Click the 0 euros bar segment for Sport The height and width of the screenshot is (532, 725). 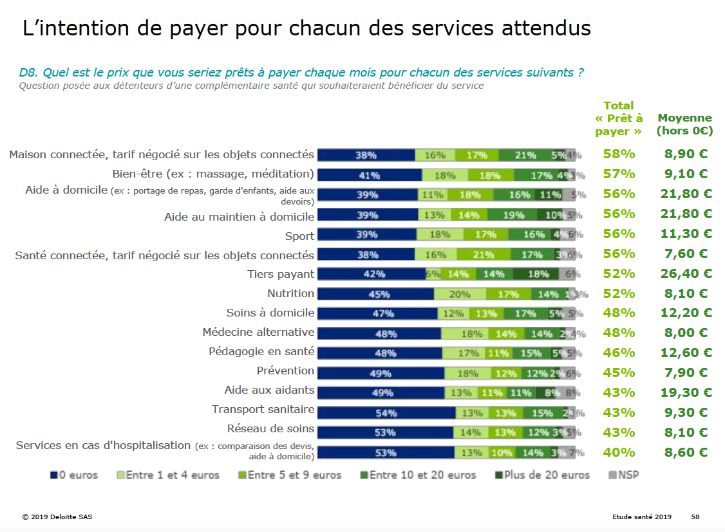coord(367,235)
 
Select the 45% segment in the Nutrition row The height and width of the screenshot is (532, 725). coord(376,294)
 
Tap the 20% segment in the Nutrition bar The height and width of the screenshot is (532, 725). coord(460,294)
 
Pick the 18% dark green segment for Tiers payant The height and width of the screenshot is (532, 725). coord(538,274)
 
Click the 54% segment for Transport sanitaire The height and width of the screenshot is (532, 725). coord(386,413)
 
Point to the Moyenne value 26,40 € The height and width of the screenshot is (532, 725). coord(686,273)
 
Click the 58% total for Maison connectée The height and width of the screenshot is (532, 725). coord(619,154)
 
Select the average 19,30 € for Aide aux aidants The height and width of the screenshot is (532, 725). coord(686,392)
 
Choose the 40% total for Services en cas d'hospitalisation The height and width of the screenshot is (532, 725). coord(619,452)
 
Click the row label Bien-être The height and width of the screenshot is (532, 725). coord(213,174)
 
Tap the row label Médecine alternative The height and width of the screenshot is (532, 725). coord(258,332)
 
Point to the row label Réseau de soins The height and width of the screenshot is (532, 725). coord(270,428)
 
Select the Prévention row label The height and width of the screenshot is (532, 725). coord(285,371)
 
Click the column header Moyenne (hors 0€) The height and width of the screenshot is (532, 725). coord(684,124)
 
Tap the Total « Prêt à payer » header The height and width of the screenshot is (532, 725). coord(619,118)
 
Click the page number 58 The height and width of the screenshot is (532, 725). coord(695,517)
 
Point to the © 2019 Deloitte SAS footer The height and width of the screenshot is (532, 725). coord(57,517)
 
